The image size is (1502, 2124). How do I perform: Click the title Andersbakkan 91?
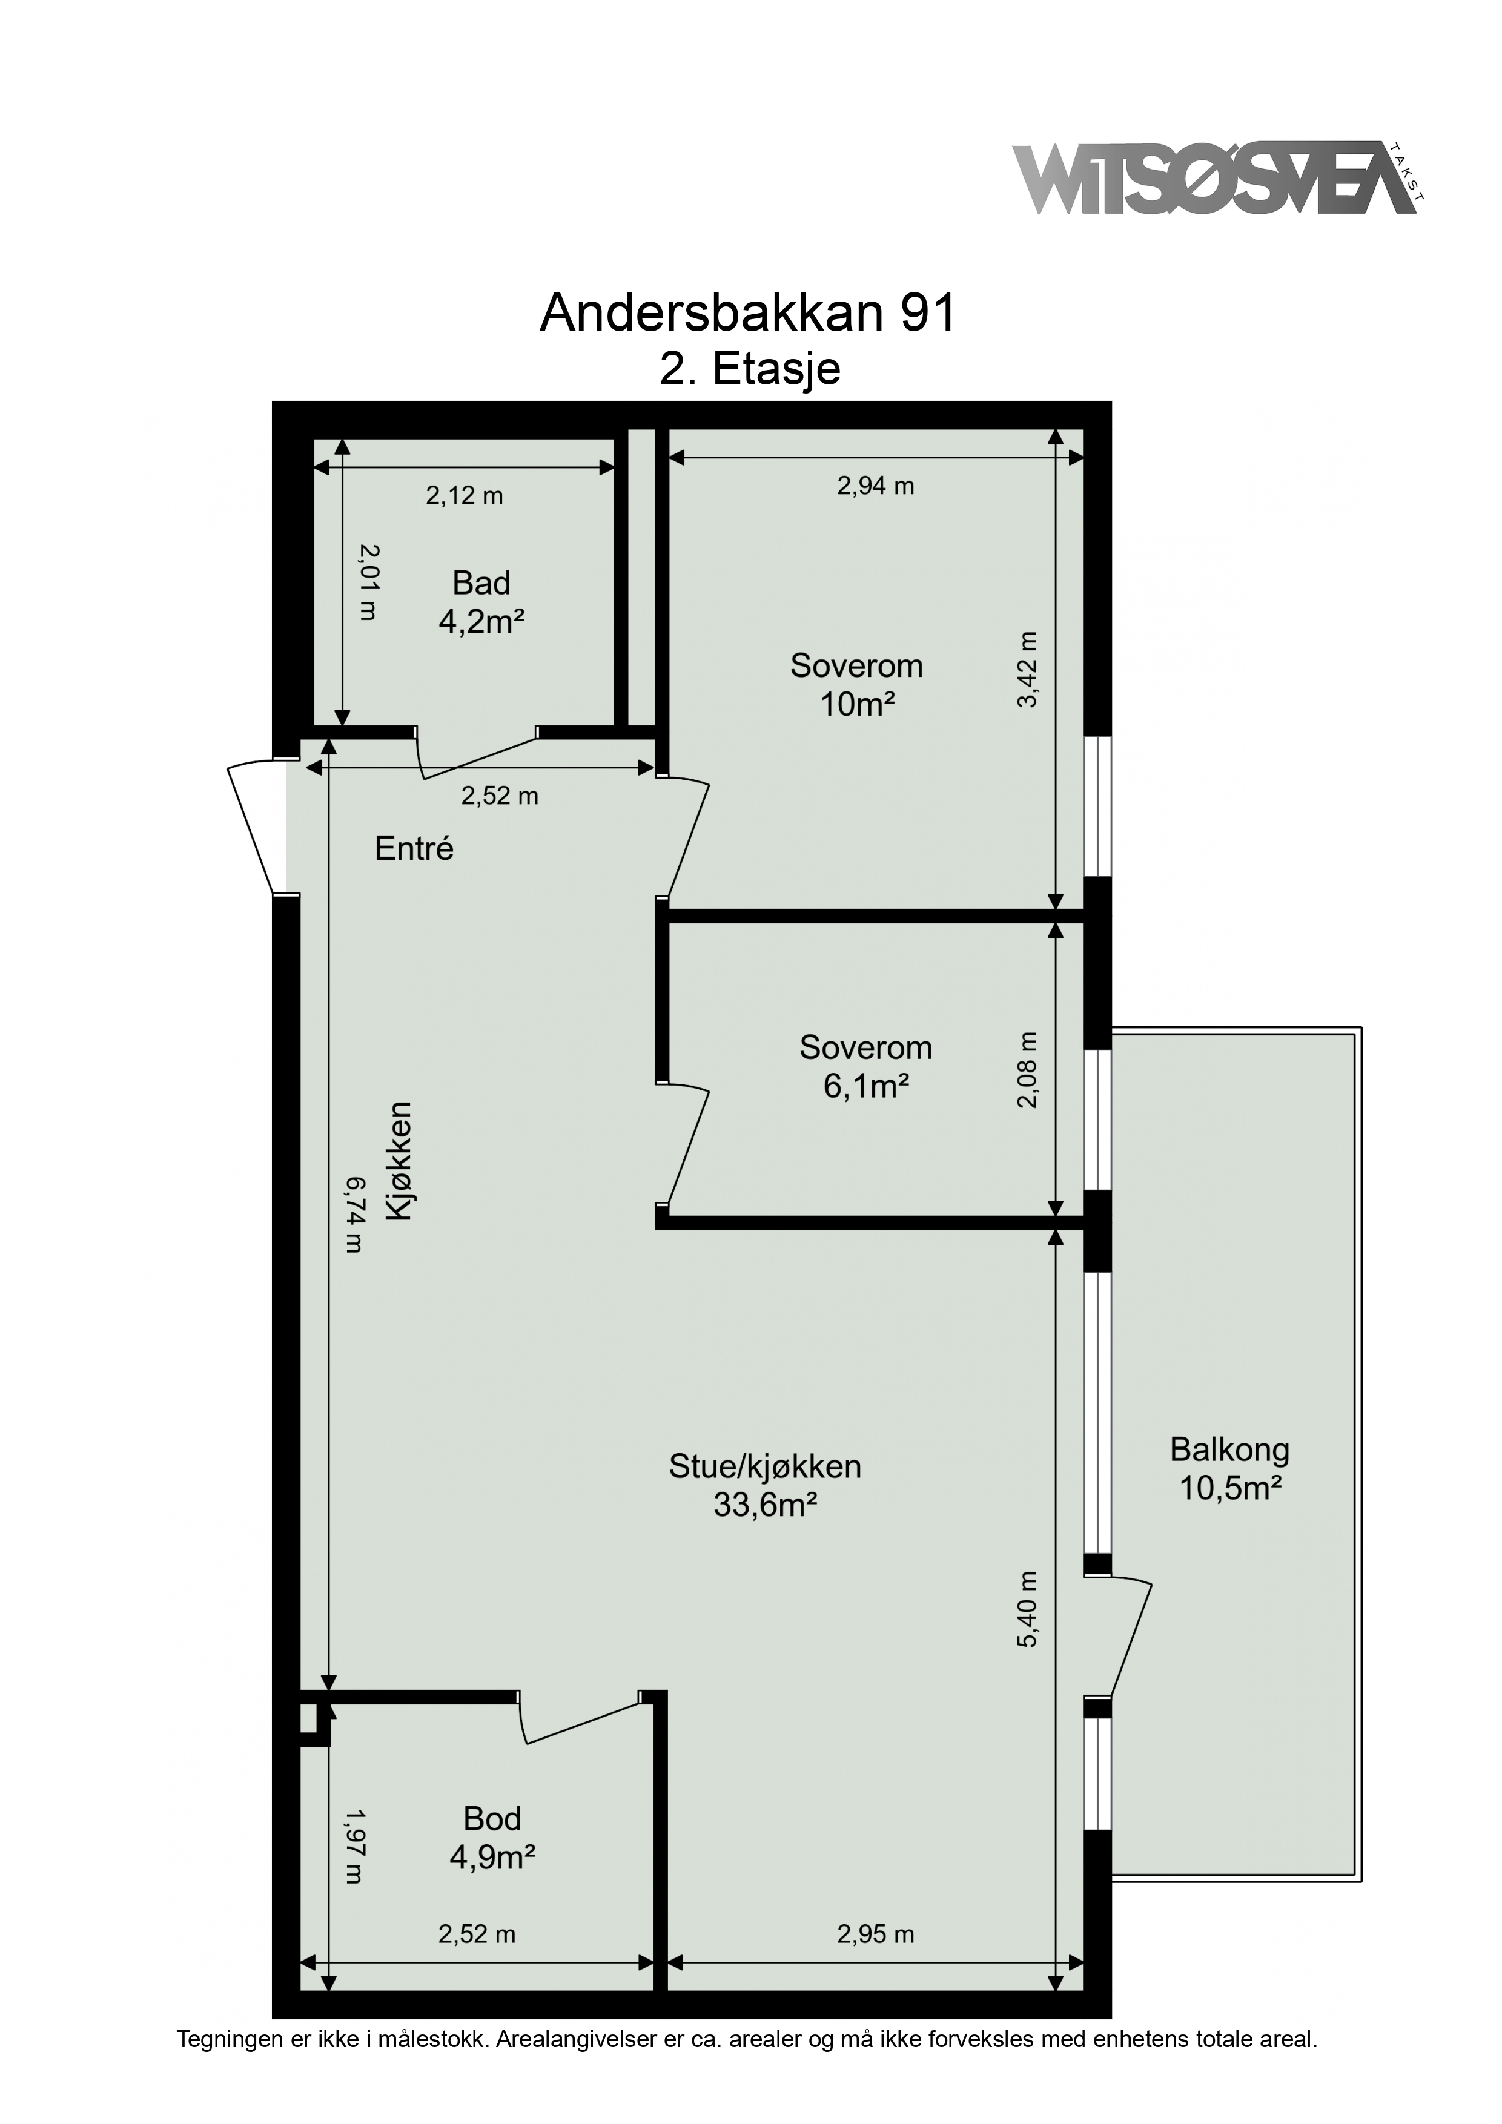748,314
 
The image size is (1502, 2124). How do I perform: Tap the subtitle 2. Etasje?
750,368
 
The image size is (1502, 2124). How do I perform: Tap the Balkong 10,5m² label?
1229,1468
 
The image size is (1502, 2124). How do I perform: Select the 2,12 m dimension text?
464,496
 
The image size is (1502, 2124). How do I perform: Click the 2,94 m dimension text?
876,486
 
